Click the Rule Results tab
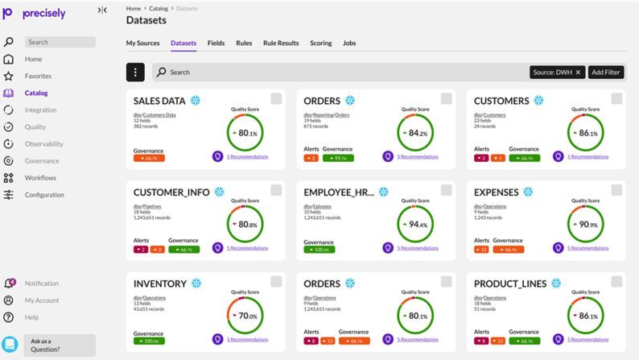(x=281, y=43)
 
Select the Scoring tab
(x=320, y=43)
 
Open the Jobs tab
(x=349, y=43)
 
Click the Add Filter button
(x=605, y=72)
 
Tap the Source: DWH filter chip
(x=557, y=72)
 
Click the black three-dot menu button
(x=135, y=72)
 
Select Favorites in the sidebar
(x=38, y=76)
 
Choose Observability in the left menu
(x=43, y=143)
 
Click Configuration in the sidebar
(x=44, y=195)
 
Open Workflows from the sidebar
(x=40, y=177)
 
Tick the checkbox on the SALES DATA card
(x=276, y=98)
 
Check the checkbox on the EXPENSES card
(x=616, y=190)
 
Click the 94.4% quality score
(x=415, y=225)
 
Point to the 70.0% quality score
(x=245, y=316)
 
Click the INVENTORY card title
(x=159, y=283)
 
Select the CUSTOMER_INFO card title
(x=171, y=192)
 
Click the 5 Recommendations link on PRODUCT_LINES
(x=587, y=339)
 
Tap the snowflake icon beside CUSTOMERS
(x=538, y=101)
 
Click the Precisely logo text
(x=43, y=14)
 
